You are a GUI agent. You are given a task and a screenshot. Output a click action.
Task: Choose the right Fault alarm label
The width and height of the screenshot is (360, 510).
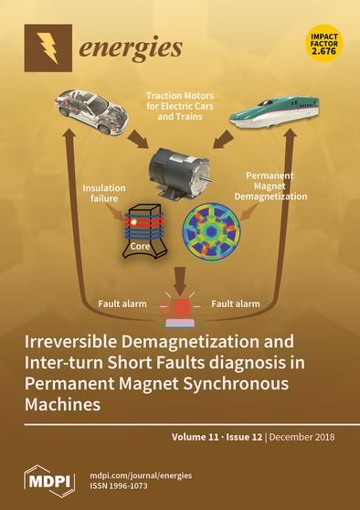(237, 303)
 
